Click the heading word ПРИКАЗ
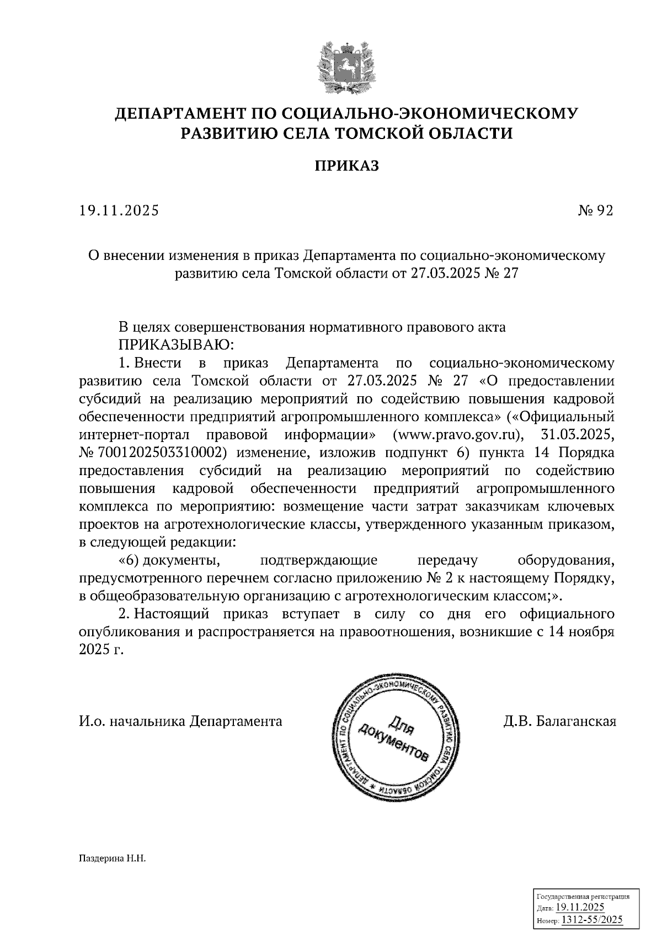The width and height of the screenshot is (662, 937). [x=347, y=166]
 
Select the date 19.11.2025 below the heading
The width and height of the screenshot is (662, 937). [x=119, y=211]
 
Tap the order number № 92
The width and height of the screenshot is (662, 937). [x=595, y=211]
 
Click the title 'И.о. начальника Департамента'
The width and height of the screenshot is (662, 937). [x=180, y=721]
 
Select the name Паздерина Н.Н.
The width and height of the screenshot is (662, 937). [x=112, y=859]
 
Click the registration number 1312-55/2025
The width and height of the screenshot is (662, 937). [x=591, y=919]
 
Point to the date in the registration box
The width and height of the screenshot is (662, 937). [x=580, y=908]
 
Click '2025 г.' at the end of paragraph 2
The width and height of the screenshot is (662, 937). [x=102, y=650]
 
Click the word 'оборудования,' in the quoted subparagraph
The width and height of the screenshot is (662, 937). [x=566, y=561]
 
